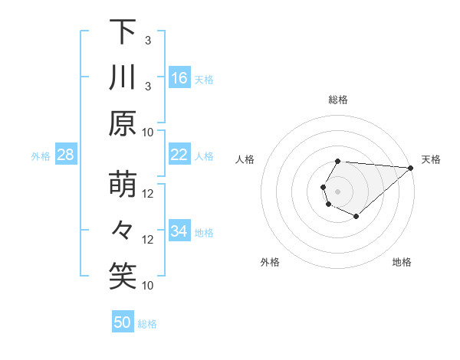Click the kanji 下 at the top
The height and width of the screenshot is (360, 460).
123,32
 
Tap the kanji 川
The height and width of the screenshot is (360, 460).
123,78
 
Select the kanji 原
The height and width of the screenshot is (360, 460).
123,123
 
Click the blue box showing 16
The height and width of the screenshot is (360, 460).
179,77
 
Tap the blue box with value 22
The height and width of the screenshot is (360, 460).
179,155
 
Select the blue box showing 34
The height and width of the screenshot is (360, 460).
179,231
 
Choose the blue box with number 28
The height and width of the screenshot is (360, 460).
66,155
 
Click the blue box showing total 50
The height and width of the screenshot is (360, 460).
123,322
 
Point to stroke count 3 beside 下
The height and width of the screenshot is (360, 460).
147,39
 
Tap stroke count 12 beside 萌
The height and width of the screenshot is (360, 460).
149,193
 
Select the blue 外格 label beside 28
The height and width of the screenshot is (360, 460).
41,155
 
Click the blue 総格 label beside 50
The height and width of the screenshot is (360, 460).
147,323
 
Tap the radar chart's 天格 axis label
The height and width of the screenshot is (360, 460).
431,159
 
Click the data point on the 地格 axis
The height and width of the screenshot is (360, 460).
356,217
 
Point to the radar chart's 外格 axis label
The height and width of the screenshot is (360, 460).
270,262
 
